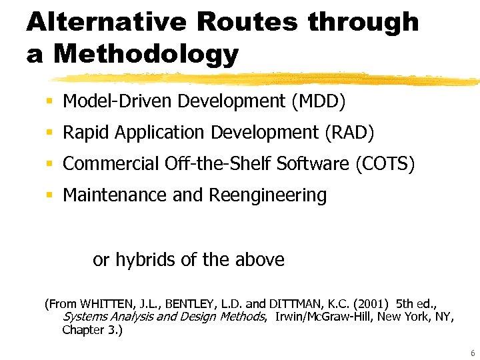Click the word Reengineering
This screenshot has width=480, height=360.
click(268, 195)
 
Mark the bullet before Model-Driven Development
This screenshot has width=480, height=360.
click(49, 102)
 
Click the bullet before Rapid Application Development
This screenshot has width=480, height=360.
click(49, 133)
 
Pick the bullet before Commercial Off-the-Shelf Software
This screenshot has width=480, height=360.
click(49, 164)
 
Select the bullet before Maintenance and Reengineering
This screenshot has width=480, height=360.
click(49, 195)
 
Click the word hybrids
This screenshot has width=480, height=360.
click(142, 259)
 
